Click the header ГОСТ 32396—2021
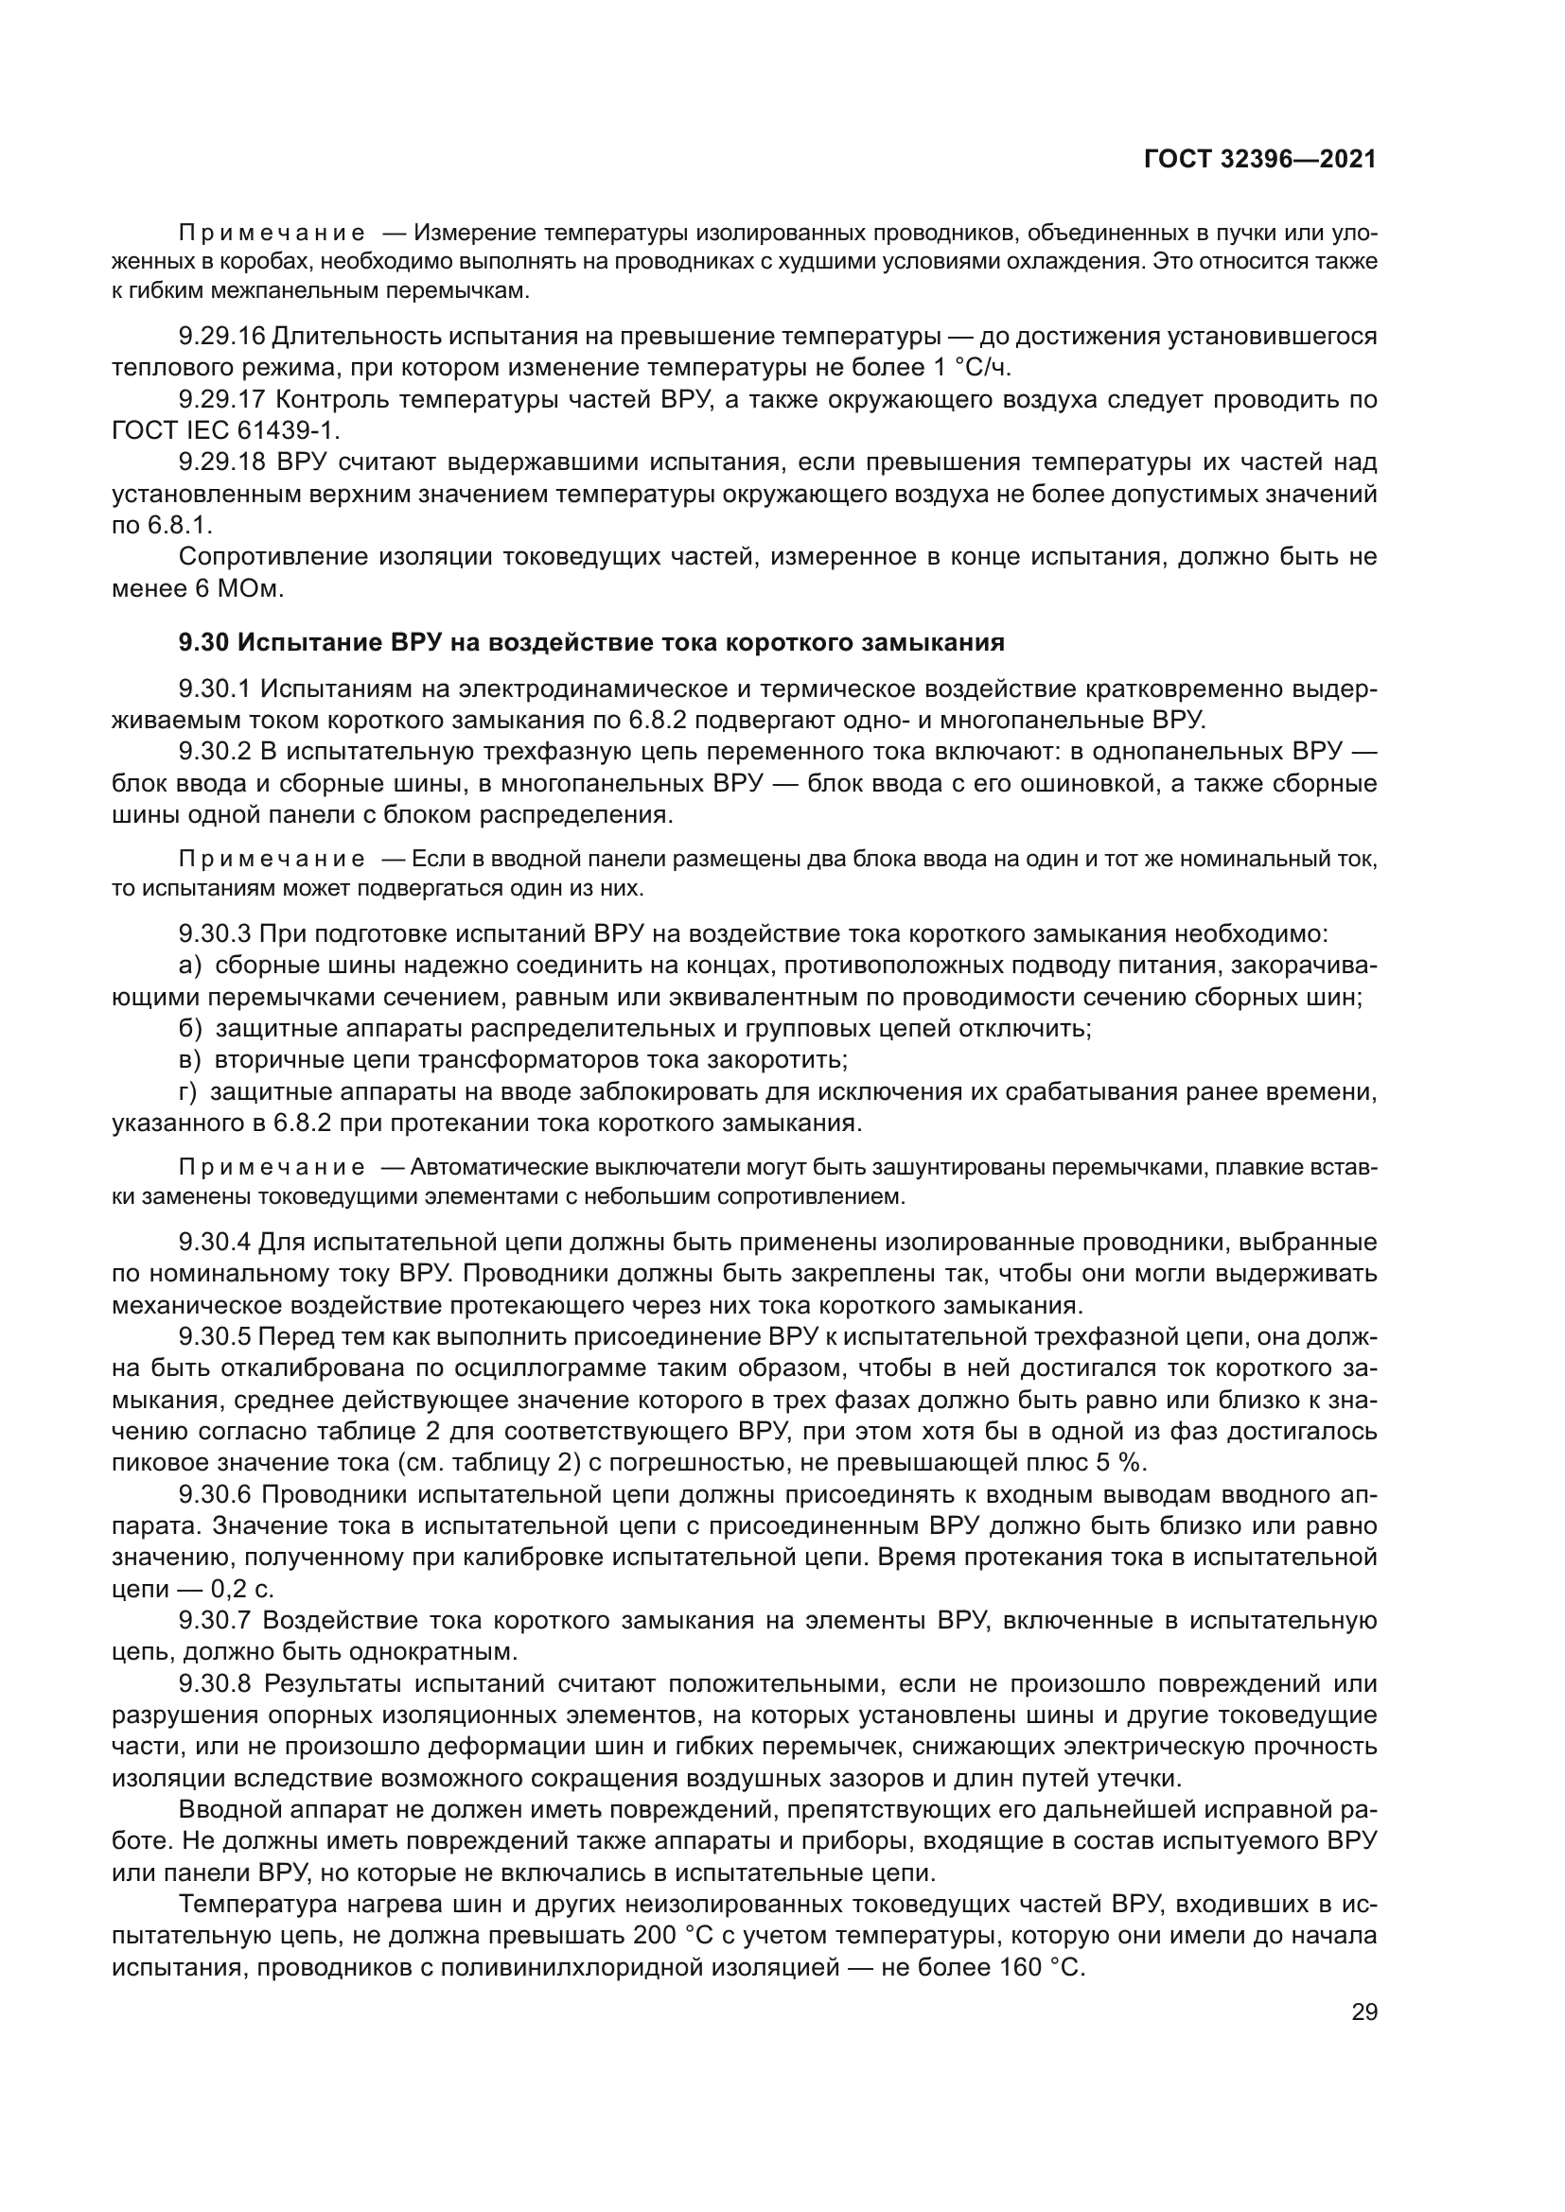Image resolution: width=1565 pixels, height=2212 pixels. coord(1259,160)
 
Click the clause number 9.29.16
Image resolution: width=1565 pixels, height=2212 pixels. coord(220,337)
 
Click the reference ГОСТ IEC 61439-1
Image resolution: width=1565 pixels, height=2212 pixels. coord(225,429)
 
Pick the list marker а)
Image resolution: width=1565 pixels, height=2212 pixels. coord(190,966)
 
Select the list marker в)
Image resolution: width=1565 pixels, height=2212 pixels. coord(190,1060)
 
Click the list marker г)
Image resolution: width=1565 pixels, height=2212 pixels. coord(188,1091)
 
